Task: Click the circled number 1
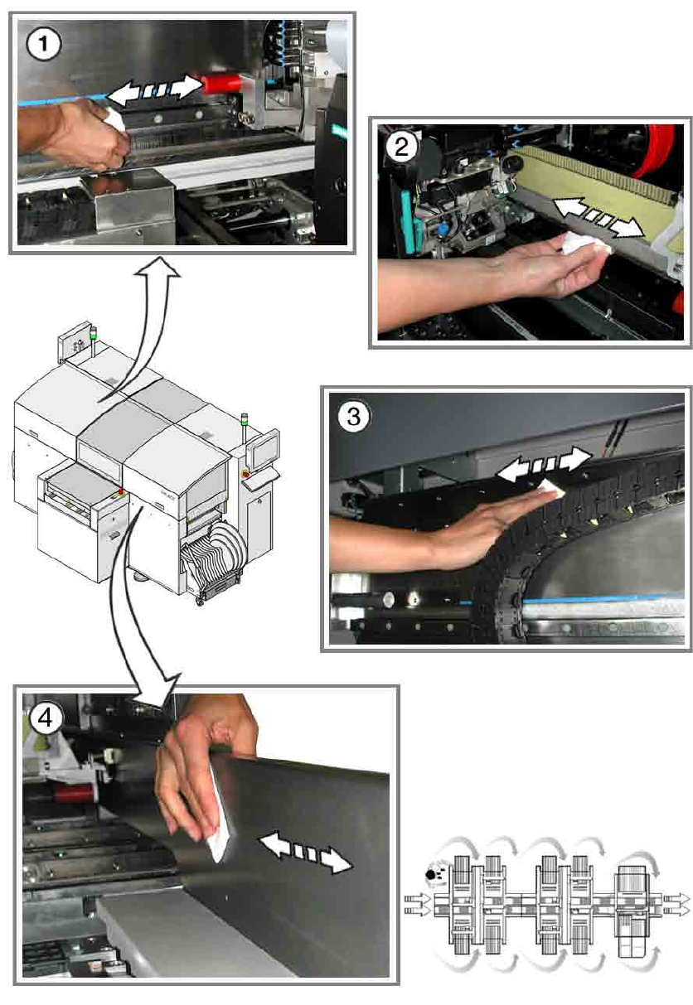(43, 44)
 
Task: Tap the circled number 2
(401, 147)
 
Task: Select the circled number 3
(353, 416)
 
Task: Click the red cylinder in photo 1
(221, 85)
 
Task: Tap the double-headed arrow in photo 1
(155, 91)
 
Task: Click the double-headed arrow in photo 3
(544, 463)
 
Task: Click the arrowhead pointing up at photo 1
(158, 268)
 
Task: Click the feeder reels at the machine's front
(216, 555)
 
